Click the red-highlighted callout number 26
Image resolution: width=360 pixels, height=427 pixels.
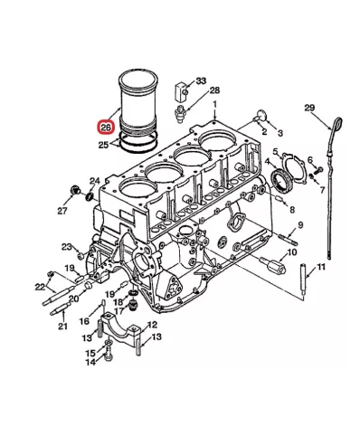pyautogui.click(x=105, y=129)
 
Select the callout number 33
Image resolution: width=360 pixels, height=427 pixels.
pyautogui.click(x=201, y=81)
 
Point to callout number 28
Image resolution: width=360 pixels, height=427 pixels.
pyautogui.click(x=214, y=90)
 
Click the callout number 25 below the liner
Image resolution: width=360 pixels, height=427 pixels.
pyautogui.click(x=104, y=144)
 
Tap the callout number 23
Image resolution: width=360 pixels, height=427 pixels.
pyautogui.click(x=66, y=246)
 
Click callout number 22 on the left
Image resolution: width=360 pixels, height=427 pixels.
pyautogui.click(x=40, y=287)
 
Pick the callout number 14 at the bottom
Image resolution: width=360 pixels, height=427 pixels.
pyautogui.click(x=90, y=362)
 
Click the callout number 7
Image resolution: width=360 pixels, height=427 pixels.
pyautogui.click(x=321, y=191)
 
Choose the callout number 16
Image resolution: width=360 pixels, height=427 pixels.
pyautogui.click(x=83, y=321)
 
